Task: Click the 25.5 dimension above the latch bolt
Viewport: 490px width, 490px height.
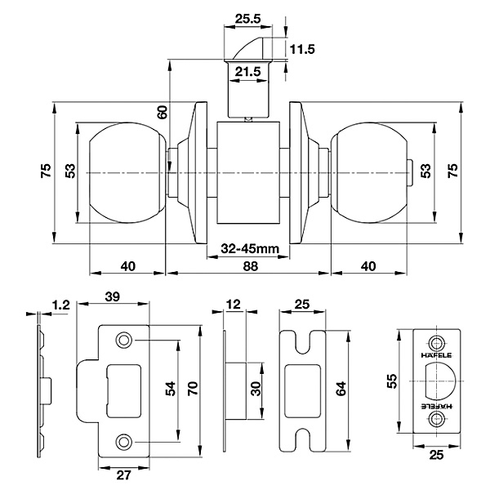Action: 247,19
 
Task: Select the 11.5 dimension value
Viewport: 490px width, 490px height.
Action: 302,49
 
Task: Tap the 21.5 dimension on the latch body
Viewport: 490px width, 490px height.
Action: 247,72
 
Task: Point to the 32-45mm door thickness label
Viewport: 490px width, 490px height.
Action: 250,249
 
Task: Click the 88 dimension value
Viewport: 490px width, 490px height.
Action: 251,266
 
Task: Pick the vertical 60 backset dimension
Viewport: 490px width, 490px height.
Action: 163,112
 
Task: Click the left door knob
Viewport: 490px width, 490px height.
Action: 127,172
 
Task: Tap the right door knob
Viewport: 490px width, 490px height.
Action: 369,172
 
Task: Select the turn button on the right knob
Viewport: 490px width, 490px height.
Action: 410,172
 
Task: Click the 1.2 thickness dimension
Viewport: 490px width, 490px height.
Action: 60,305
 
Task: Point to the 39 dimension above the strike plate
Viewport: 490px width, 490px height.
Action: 113,296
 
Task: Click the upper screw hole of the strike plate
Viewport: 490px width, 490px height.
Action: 124,340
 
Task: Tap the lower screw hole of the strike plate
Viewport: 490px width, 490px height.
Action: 124,442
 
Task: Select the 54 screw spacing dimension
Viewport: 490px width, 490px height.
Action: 171,389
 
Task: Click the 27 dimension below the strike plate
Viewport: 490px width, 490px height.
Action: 123,475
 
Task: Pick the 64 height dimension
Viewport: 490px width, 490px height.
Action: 341,389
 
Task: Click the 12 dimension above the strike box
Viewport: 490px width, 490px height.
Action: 234,304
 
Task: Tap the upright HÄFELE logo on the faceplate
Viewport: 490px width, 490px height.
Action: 436,355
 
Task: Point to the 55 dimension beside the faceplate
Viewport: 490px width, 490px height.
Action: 392,381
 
